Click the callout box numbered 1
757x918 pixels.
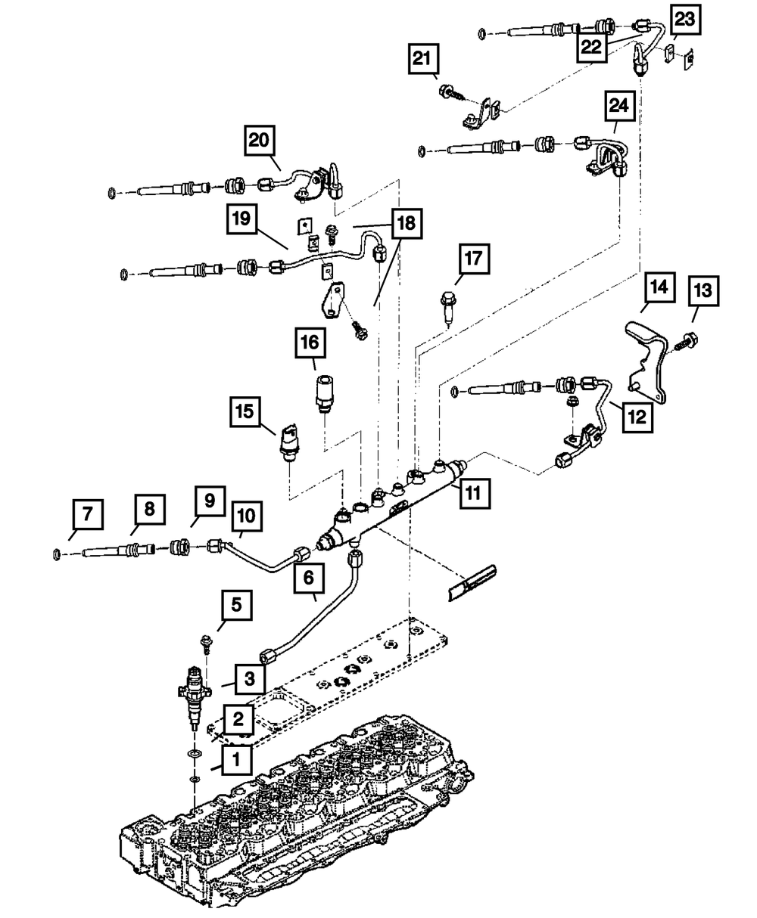click(237, 759)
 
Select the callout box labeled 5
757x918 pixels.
click(237, 604)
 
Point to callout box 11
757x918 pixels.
click(472, 493)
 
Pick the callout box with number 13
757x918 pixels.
click(703, 291)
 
